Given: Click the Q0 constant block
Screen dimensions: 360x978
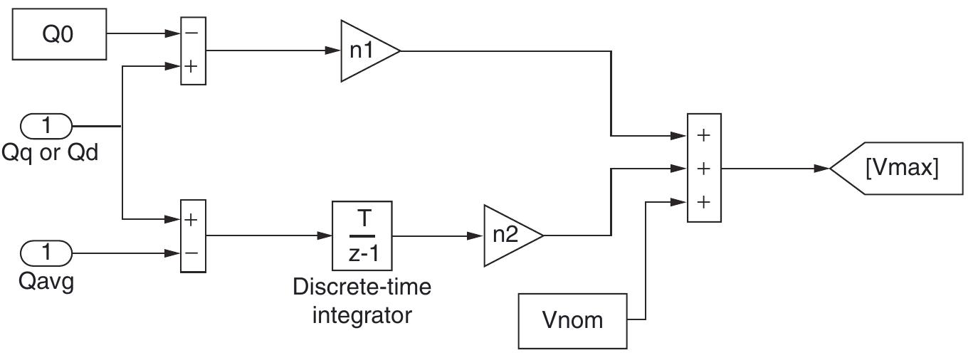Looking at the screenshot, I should click(x=58, y=33).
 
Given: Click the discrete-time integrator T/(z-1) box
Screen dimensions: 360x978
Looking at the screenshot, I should click(x=362, y=235).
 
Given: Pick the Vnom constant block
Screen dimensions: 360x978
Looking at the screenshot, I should click(x=572, y=320).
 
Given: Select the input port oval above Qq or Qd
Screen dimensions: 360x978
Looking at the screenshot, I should click(x=47, y=127).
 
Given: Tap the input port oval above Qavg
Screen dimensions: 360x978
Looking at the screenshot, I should click(x=47, y=252).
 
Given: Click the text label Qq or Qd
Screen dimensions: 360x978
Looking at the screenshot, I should click(x=50, y=153).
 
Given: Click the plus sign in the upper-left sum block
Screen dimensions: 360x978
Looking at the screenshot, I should click(x=192, y=66).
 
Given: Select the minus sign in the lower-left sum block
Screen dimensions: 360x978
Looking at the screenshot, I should click(x=192, y=253).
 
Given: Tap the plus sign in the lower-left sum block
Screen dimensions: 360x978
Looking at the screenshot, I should click(x=192, y=219).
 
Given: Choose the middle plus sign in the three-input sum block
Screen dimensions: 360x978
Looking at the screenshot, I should click(x=703, y=169).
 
